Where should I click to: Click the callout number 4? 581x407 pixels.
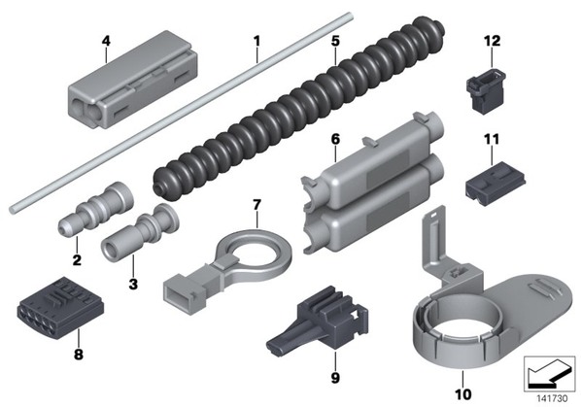tap(106, 41)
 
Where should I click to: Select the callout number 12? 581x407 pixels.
tap(492, 41)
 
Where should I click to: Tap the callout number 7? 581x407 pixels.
tap(256, 204)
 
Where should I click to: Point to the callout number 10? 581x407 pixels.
tap(462, 394)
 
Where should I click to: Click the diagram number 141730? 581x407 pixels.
tap(552, 398)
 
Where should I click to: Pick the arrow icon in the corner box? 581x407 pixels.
tap(549, 374)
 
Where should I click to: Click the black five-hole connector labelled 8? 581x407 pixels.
tap(60, 303)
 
